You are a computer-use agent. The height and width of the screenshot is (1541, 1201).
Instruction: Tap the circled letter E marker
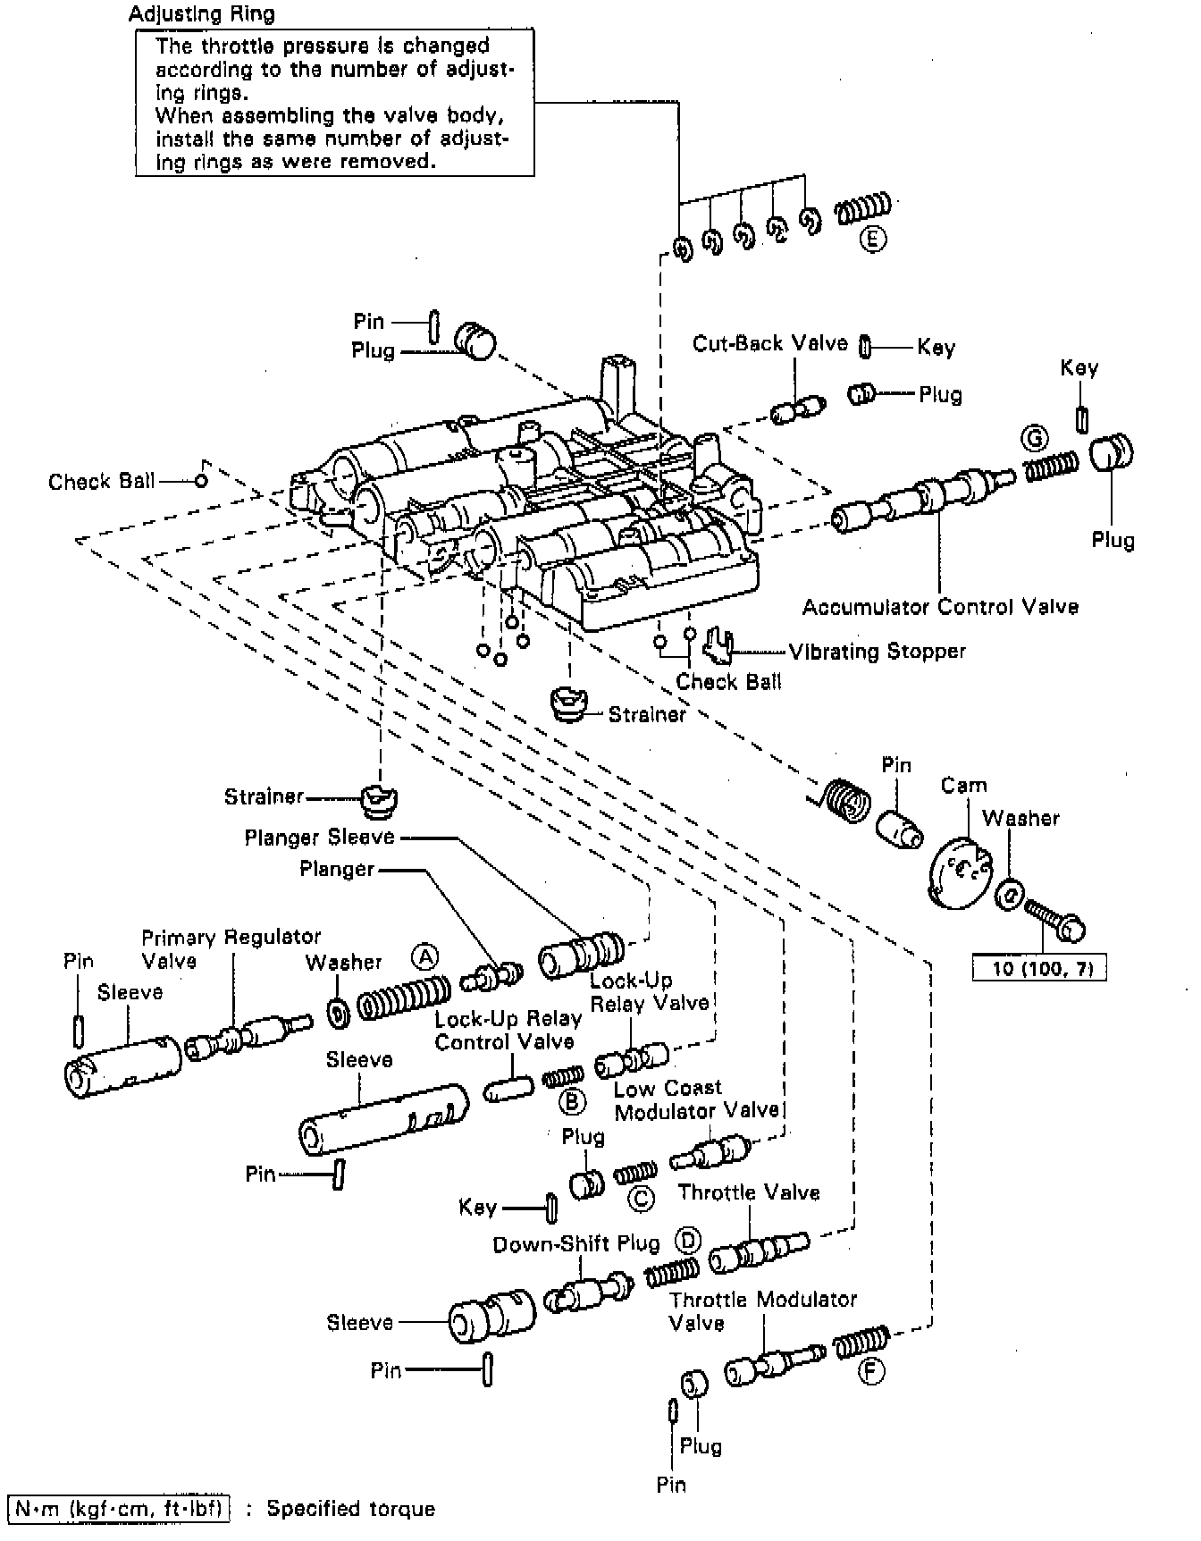pos(873,239)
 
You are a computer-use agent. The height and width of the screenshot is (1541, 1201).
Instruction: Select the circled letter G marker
pos(1035,439)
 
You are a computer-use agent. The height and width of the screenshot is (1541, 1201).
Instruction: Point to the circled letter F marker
pos(871,1371)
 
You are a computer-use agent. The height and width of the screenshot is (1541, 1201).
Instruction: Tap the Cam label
pos(963,786)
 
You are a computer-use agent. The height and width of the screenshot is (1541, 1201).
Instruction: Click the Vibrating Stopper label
pos(877,652)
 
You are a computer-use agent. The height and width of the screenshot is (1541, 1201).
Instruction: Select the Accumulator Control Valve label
pos(940,608)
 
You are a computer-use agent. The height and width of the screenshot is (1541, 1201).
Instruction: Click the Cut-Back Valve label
pos(770,344)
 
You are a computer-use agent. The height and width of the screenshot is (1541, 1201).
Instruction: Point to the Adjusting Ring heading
pos(202,14)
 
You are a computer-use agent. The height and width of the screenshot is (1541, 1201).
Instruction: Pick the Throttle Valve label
pos(749,1192)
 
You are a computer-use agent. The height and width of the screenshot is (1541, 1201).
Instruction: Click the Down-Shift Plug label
pos(576,1244)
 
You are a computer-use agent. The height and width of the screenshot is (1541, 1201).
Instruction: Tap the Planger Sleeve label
pos(319,838)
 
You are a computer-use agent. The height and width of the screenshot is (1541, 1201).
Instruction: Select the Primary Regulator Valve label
pos(231,948)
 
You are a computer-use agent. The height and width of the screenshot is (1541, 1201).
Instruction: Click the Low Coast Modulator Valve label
pos(696,1099)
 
